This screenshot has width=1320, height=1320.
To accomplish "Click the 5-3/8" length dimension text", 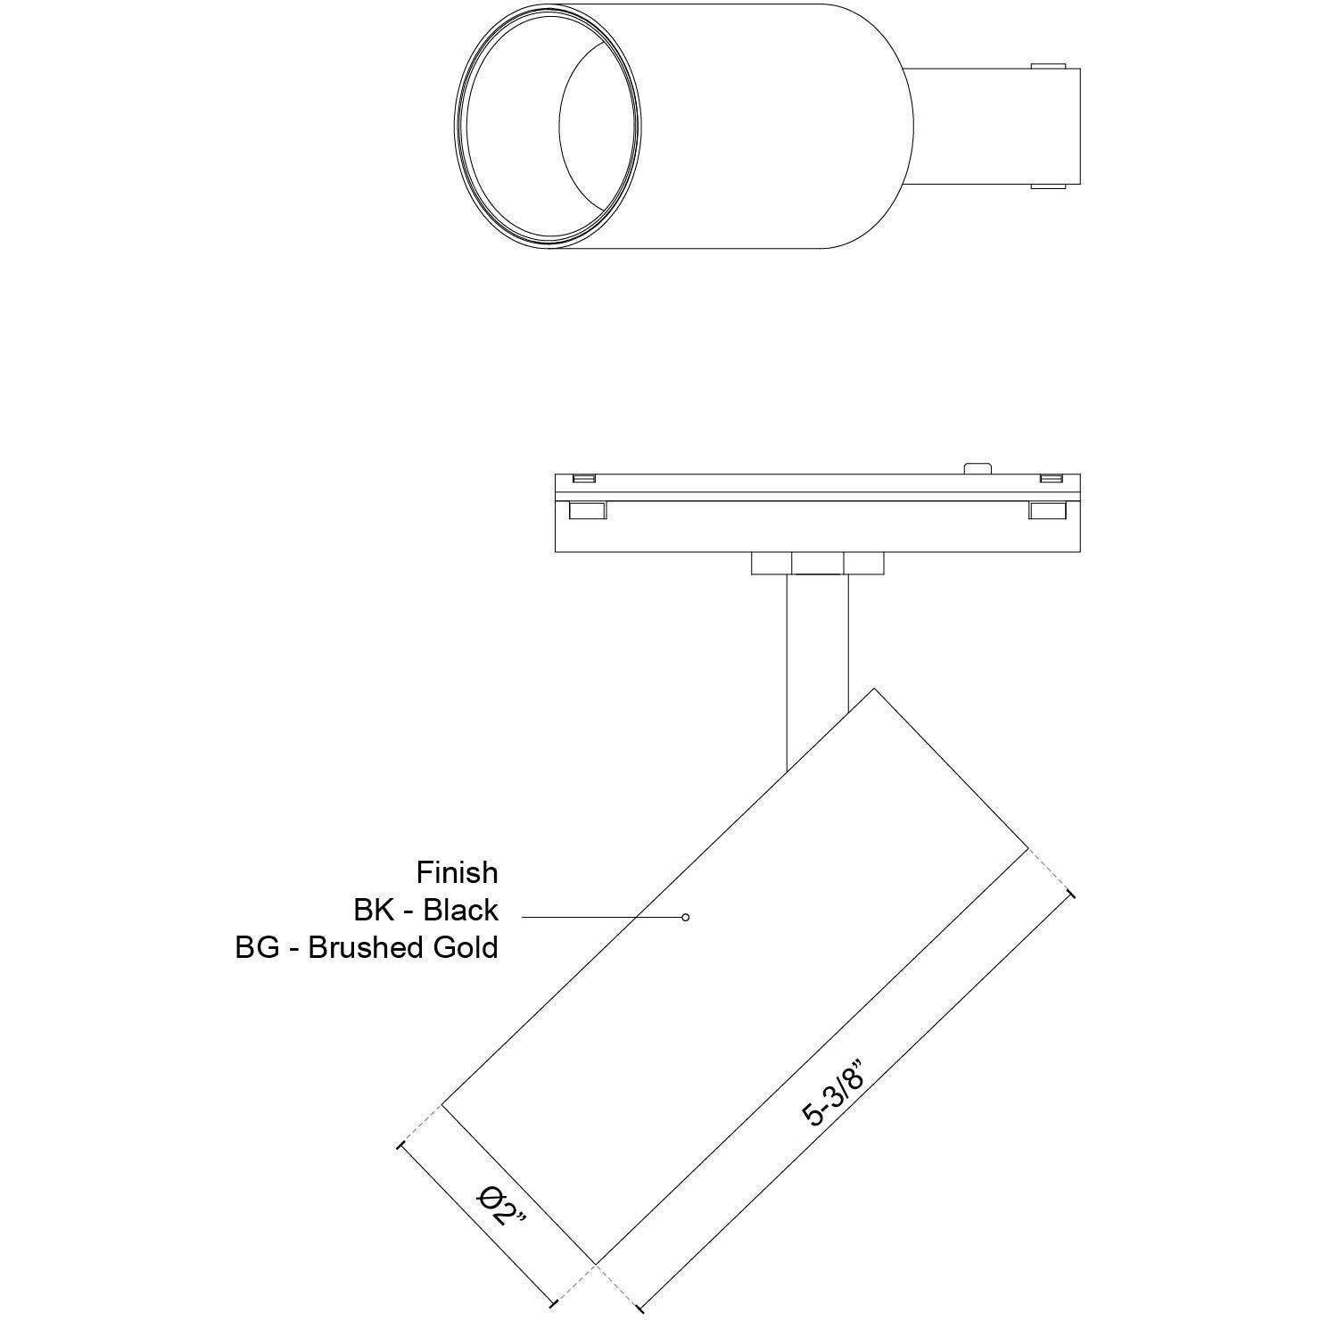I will [835, 1093].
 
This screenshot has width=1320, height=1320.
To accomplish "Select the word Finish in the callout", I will [457, 871].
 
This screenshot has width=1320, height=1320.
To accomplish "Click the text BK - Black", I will [425, 910].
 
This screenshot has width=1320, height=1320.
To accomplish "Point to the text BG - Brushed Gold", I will [367, 947].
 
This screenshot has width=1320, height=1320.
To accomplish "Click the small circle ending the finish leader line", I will [685, 917].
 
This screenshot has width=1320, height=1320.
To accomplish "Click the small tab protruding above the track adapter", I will [978, 467].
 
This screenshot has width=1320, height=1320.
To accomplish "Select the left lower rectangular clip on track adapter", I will [588, 510].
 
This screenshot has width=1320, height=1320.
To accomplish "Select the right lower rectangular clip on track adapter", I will [1048, 510].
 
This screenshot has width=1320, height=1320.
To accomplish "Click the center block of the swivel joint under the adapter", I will [817, 564].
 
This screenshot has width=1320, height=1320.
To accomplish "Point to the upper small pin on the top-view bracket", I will [1048, 66].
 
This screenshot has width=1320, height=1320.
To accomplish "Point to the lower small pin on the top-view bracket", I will [1048, 186].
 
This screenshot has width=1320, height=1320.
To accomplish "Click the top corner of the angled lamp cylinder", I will [874, 689].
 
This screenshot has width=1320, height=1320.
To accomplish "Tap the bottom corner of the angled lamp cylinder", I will [596, 1262].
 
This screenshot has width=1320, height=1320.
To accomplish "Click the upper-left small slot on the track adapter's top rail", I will [583, 479].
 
